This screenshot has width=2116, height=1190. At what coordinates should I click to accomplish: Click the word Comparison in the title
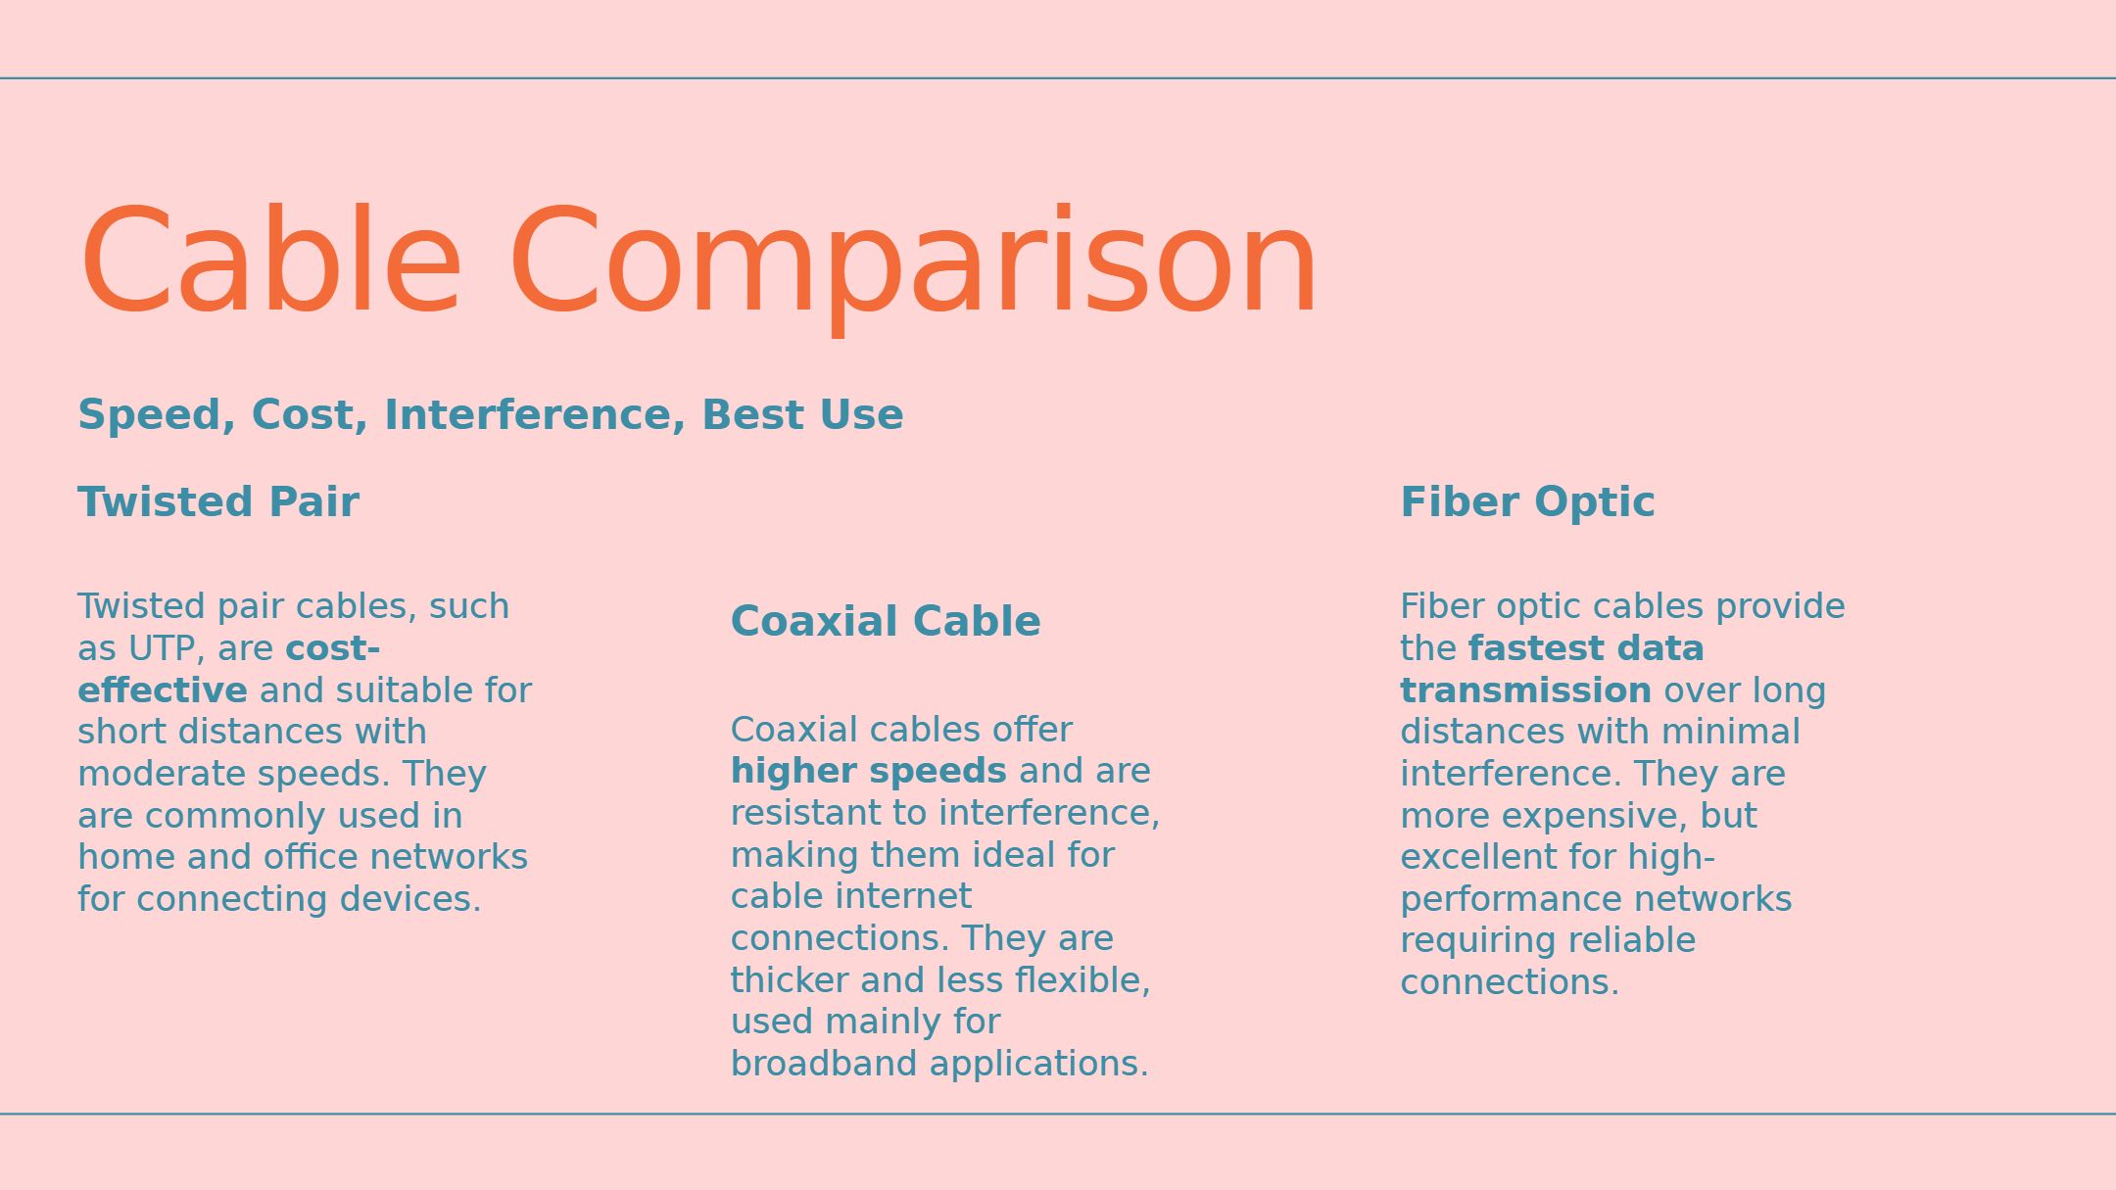(913, 264)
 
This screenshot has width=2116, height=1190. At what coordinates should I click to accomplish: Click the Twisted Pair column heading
(218, 502)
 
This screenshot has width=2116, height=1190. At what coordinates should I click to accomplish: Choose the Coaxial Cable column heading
(886, 622)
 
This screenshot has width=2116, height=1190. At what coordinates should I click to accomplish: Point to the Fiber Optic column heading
(1527, 503)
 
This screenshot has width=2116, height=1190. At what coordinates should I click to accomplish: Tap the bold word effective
(163, 690)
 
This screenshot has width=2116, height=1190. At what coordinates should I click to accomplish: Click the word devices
(410, 899)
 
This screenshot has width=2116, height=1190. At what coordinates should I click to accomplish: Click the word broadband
(824, 1064)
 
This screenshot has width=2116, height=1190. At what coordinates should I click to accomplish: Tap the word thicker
(790, 980)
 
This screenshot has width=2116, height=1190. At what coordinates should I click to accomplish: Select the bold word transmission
(1526, 690)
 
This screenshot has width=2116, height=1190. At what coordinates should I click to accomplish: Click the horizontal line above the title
(1058, 77)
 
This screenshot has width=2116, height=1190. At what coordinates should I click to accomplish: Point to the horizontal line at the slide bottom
(1058, 1114)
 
